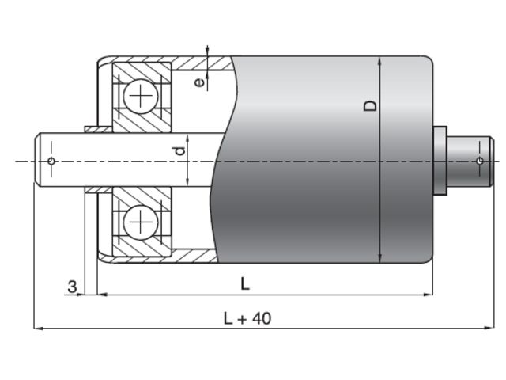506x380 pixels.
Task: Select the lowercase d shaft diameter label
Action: pos(180,149)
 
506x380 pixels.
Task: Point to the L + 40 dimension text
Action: pos(247,318)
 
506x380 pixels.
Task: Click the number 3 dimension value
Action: pos(72,286)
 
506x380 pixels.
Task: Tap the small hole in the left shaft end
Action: pos(51,161)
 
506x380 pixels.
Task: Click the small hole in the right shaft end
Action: pos(480,161)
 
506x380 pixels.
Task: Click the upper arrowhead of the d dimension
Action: pos(188,139)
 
